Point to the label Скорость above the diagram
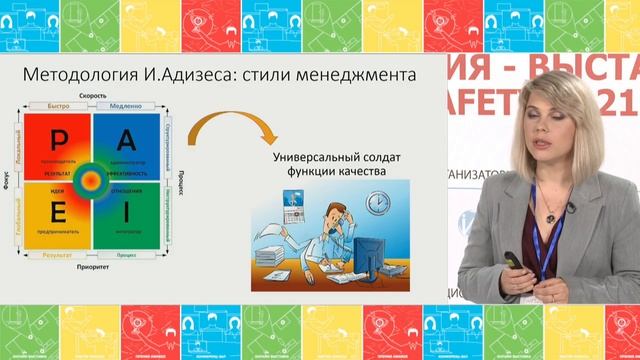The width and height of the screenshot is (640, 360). [93, 95]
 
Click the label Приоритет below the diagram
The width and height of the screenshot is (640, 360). [93, 269]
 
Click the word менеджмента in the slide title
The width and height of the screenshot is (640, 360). [354, 75]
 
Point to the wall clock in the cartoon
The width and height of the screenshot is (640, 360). [377, 203]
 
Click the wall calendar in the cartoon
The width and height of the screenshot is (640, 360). [296, 211]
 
